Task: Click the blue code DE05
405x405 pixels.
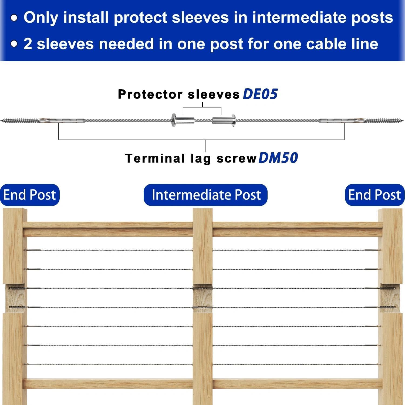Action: (x=260, y=94)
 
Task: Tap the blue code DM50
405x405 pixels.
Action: (x=278, y=158)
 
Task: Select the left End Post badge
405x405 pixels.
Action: (x=29, y=195)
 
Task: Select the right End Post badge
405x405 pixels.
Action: (x=374, y=195)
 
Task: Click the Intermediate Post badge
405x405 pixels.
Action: (x=206, y=195)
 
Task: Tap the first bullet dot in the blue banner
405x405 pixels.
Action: (x=14, y=18)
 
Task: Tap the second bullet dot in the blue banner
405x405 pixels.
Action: (x=14, y=44)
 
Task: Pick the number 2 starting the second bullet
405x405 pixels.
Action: (x=28, y=44)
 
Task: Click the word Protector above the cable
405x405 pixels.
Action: (x=150, y=94)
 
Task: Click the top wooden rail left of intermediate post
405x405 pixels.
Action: (x=108, y=229)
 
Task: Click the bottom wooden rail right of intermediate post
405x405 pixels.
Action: (x=297, y=383)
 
